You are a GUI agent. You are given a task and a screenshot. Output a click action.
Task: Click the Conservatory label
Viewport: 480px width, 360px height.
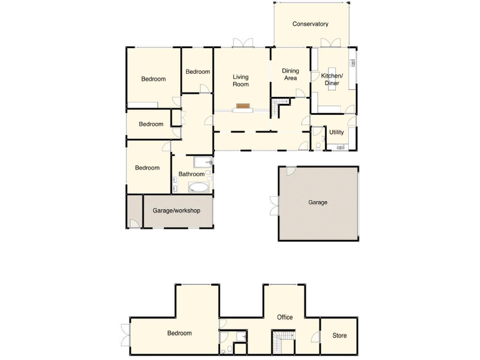click(x=311, y=24)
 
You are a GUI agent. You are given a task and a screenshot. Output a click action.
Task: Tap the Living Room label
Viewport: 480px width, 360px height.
click(x=241, y=80)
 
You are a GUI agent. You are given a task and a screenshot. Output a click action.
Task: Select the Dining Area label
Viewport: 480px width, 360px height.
click(x=291, y=74)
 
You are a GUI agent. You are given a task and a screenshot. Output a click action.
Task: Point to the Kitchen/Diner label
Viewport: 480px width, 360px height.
click(x=332, y=79)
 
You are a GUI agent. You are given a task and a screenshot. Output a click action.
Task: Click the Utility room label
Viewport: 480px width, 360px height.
click(x=336, y=132)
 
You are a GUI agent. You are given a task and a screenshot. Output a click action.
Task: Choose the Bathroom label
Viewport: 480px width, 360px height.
click(x=192, y=174)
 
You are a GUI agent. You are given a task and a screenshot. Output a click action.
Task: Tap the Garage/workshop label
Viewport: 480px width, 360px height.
click(x=176, y=211)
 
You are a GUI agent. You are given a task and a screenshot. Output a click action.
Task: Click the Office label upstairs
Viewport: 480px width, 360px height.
click(x=285, y=317)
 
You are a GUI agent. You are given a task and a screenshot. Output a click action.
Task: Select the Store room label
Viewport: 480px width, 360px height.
click(x=339, y=336)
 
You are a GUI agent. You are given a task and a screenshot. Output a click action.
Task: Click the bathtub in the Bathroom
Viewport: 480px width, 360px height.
click(x=200, y=187)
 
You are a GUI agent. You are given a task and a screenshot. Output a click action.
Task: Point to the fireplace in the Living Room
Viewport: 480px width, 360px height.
click(x=243, y=106)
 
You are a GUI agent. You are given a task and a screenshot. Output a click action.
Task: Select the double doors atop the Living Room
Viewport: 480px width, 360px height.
click(x=242, y=43)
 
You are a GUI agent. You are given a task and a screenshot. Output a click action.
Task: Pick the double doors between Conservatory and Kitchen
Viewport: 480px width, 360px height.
click(x=330, y=42)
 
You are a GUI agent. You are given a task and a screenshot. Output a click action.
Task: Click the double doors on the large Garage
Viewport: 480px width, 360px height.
click(x=274, y=206)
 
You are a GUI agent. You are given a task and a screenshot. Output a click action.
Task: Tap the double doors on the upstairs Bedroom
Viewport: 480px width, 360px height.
click(x=124, y=335)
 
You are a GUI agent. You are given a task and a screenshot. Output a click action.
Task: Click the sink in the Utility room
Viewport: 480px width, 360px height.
click(x=341, y=147)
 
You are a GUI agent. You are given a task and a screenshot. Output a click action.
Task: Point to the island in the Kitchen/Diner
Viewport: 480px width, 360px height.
click(x=331, y=78)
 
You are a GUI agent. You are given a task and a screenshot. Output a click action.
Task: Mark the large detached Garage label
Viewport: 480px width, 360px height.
click(x=317, y=202)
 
